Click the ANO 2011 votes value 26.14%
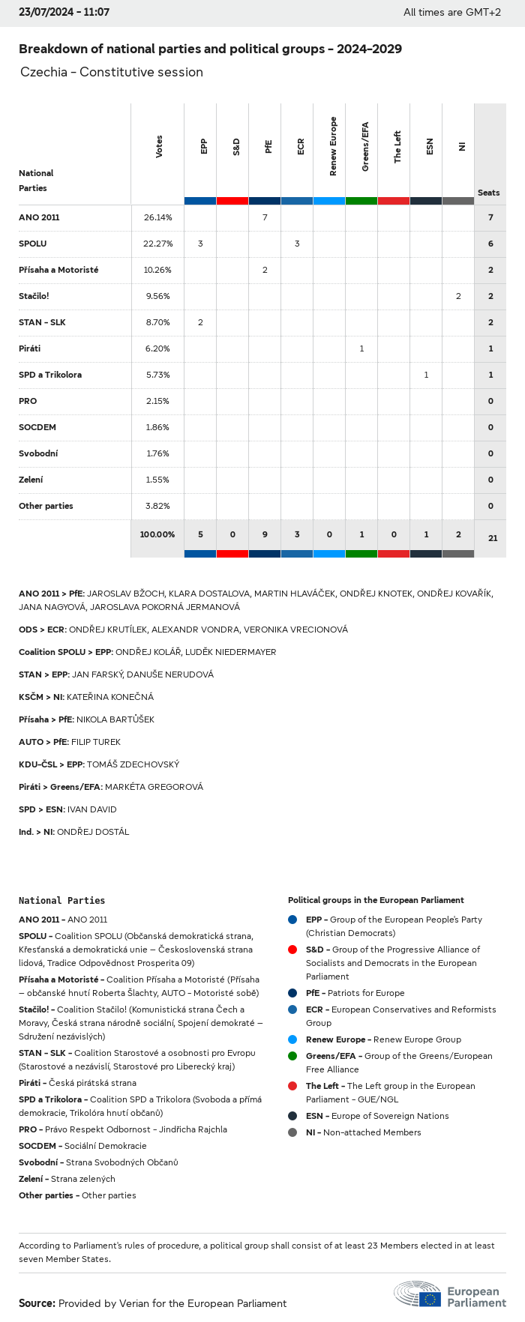point(157,217)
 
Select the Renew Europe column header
point(333,146)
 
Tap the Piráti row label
point(30,348)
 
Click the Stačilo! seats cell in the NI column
point(458,296)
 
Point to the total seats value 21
point(492,538)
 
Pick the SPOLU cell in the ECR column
point(297,244)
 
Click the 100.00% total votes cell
point(157,534)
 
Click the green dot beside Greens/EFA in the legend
point(292,1056)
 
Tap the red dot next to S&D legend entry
point(292,950)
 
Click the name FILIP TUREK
point(96,742)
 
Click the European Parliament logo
point(450,1294)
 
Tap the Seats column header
point(489,193)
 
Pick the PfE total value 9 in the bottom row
point(265,534)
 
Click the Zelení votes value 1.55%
point(157,480)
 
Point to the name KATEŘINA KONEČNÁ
point(110,697)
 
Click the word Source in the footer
point(36,1303)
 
